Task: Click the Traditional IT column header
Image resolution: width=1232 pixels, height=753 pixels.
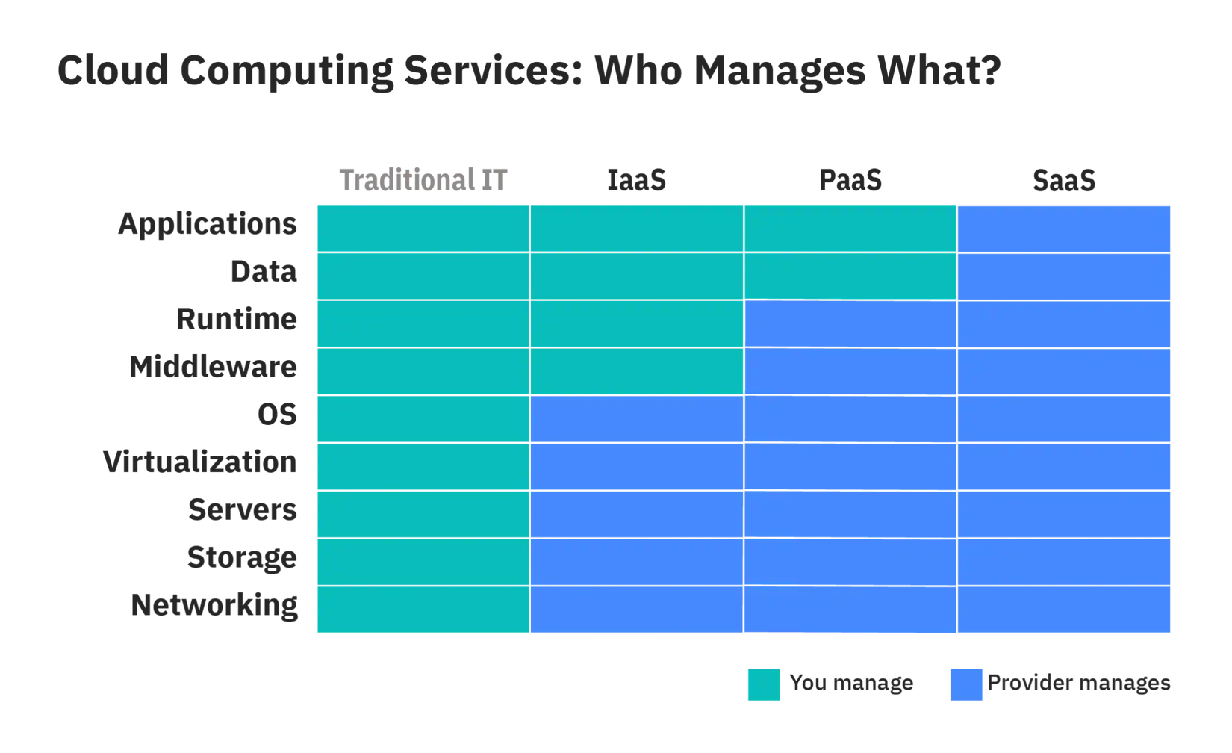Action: point(423,180)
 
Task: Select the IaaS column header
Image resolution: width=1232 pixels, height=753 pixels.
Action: point(636,180)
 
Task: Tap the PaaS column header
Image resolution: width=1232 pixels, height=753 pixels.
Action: point(850,180)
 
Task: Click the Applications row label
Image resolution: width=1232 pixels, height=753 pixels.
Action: point(207,223)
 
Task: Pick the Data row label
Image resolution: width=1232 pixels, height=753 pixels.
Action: point(264,272)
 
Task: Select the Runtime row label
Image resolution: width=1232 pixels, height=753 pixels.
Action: point(237,320)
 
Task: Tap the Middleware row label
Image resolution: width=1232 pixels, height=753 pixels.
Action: point(213,367)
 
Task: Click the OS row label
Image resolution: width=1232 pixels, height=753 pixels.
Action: point(277,414)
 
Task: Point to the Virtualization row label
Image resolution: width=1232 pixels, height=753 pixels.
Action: point(200,462)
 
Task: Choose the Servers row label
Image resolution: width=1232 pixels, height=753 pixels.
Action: point(242,511)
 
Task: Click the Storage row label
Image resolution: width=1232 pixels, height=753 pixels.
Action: point(242,558)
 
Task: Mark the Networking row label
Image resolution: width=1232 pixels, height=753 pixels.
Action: point(214,605)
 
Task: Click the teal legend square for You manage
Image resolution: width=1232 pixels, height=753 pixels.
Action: point(763,684)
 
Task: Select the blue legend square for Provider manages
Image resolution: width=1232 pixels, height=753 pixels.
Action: point(967,684)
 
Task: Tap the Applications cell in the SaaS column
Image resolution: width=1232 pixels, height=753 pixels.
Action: point(1064,229)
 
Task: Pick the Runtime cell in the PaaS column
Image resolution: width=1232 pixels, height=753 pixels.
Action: point(850,324)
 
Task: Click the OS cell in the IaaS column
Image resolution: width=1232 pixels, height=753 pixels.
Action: point(637,419)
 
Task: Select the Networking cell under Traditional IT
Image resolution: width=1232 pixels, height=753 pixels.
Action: point(423,610)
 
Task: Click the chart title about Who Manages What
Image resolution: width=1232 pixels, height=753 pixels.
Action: point(529,72)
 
